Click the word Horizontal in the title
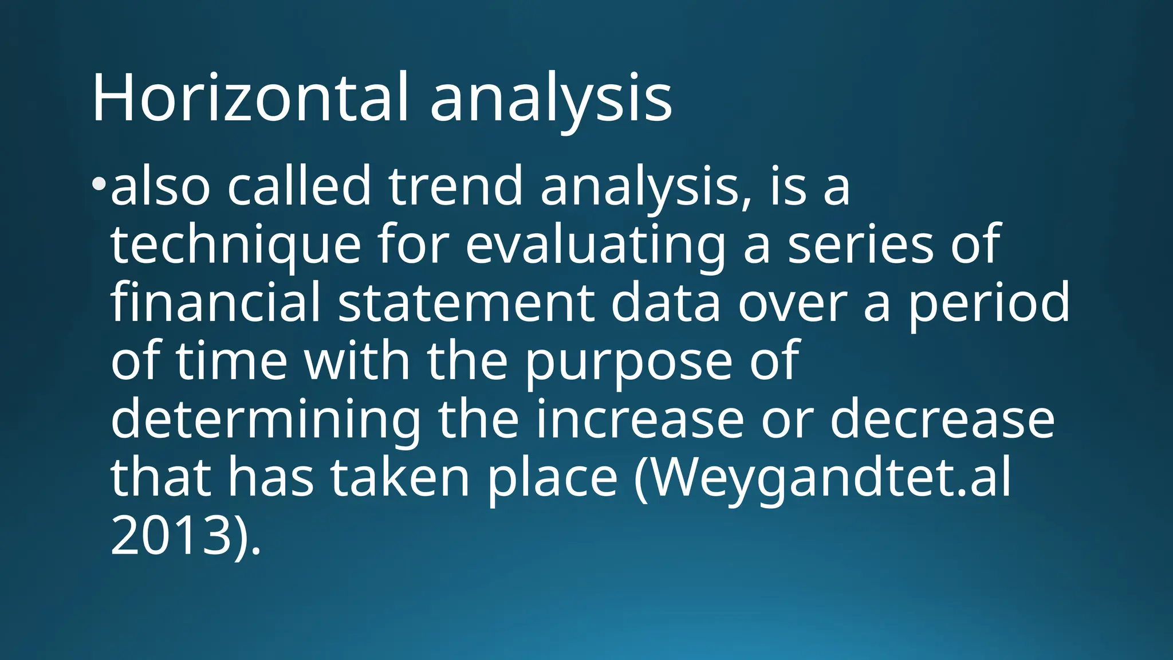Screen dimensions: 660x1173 [x=250, y=97]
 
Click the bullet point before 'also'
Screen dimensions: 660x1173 [x=99, y=184]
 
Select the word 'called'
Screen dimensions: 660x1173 [x=299, y=186]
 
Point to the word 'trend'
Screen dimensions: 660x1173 [x=455, y=186]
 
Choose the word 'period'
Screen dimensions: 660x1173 [x=989, y=304]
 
